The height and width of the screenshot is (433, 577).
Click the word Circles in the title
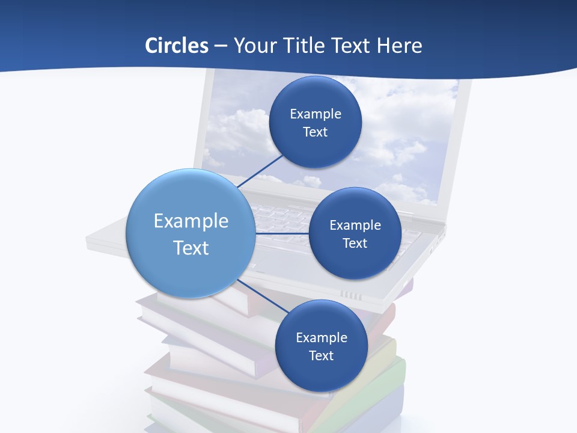click(x=176, y=46)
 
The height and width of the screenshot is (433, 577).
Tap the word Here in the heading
click(x=399, y=46)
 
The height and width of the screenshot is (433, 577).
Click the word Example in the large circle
click(x=191, y=221)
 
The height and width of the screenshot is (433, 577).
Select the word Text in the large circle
click(x=191, y=248)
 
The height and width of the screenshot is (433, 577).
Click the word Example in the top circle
click(x=316, y=114)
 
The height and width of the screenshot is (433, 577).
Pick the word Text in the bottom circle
click(x=322, y=355)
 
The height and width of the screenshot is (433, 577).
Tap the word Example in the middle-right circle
click(x=355, y=225)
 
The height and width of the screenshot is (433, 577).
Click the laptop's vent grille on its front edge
click(x=352, y=295)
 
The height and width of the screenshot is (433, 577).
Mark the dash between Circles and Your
click(x=221, y=46)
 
